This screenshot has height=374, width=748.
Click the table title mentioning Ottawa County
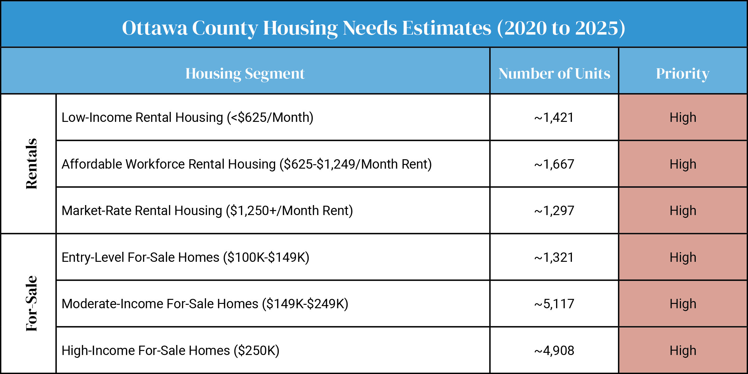373,28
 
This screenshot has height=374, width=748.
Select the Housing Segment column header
245,74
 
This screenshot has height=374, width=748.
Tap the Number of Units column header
554,74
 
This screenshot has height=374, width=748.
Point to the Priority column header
683,74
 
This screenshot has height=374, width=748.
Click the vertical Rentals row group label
31,164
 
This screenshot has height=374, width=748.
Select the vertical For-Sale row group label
31,303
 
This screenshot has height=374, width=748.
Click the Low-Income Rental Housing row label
187,117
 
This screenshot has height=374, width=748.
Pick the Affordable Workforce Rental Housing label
247,164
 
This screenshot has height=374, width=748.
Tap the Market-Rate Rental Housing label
207,211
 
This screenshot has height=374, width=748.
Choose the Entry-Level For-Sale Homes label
185,257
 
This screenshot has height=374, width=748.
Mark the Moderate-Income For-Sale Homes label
205,304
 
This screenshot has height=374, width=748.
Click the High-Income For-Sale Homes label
170,351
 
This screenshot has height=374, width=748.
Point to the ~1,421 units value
554,117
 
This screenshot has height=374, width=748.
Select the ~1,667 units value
554,164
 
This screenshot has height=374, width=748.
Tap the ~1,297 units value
554,211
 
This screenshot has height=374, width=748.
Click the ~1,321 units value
554,257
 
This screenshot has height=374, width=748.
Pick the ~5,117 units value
554,304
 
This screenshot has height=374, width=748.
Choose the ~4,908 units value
554,351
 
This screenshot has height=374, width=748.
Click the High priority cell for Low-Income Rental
683,117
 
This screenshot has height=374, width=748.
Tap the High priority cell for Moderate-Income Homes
683,304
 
